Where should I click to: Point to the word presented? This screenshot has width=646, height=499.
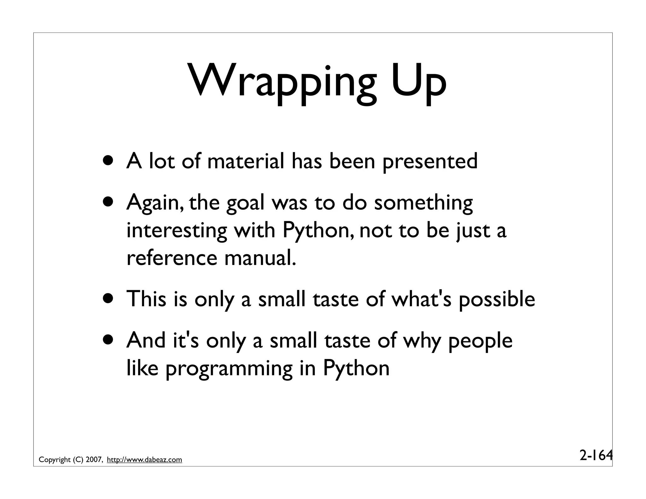[430, 161]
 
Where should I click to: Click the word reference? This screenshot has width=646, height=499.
[172, 258]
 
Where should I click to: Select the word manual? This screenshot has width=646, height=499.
[260, 258]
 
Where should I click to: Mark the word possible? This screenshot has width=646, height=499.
[497, 299]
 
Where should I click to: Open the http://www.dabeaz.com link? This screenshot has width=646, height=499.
[144, 460]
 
